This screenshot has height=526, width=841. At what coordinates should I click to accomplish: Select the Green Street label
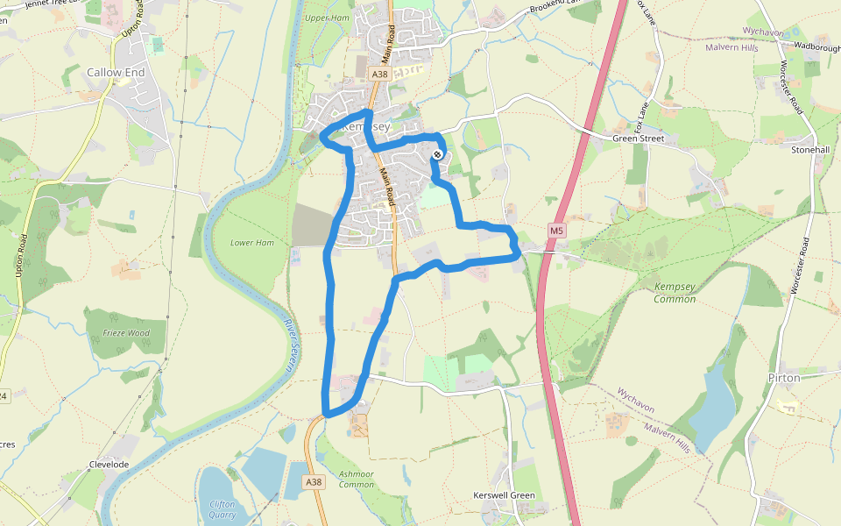click(x=638, y=139)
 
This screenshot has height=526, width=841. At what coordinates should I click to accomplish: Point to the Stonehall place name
click(x=809, y=150)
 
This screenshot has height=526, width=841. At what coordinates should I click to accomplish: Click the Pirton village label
click(x=784, y=378)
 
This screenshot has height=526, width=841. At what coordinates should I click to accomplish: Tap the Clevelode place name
click(x=108, y=464)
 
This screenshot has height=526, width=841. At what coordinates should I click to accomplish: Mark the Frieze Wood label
click(x=126, y=333)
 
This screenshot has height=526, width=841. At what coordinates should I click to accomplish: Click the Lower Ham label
click(x=246, y=242)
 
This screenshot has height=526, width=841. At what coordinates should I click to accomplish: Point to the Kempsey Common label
click(x=675, y=293)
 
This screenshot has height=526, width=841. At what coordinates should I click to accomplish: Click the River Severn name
click(x=290, y=346)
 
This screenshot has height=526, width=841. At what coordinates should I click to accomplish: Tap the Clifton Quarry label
click(x=222, y=508)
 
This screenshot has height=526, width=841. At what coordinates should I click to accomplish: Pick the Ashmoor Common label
click(x=356, y=479)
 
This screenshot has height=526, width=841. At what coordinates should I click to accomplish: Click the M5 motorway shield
click(x=555, y=230)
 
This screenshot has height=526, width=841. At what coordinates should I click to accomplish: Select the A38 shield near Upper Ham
click(x=378, y=75)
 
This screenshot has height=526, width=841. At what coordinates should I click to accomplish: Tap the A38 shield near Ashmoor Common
click(x=314, y=482)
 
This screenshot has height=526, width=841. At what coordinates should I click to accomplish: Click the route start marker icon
click(x=437, y=155)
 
